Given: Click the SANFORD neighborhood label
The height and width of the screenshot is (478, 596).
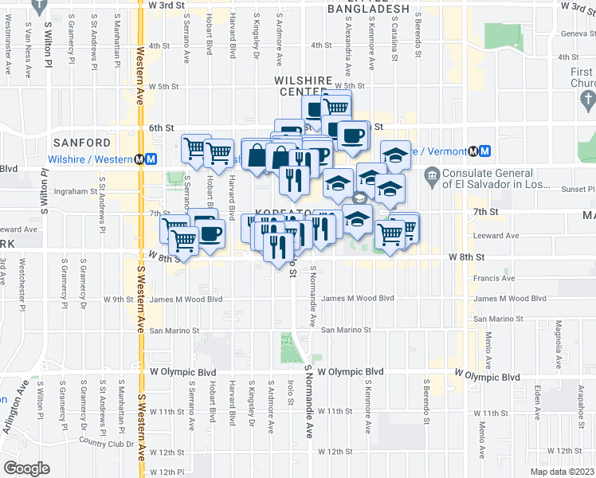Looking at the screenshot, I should pyautogui.click(x=82, y=143).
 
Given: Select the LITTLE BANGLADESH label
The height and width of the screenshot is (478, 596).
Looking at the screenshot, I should pyautogui.click(x=368, y=9).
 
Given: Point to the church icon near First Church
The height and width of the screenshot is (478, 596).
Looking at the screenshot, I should pyautogui.click(x=589, y=100).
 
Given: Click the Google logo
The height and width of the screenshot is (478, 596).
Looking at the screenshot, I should pyautogui.click(x=26, y=468).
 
